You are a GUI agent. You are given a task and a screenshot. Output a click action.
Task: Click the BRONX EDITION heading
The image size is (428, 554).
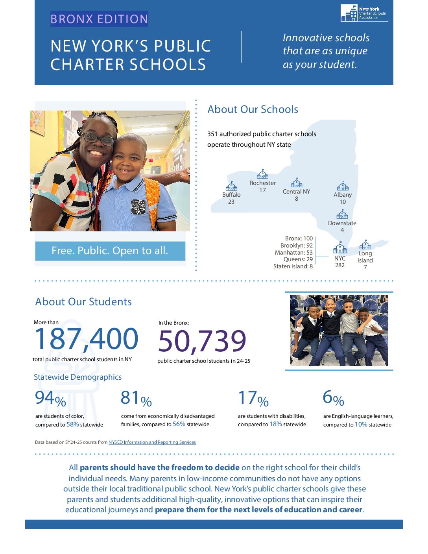99,19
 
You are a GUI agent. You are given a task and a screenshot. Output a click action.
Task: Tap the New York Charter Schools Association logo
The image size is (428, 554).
363,13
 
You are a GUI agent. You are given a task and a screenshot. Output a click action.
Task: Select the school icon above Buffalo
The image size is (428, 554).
231,186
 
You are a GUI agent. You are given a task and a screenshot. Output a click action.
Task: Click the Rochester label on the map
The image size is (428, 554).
263,183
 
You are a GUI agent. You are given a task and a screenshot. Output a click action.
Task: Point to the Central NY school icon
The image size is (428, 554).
296,183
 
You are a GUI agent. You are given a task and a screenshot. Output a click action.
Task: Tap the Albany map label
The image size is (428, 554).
343,195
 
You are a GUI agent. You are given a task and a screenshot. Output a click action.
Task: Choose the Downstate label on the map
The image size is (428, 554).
342,223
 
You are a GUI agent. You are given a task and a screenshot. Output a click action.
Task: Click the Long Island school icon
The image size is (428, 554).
365,245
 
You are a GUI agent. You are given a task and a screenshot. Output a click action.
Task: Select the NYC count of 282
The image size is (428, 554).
340,265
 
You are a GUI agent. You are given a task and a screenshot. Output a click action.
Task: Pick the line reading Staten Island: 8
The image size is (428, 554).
293,266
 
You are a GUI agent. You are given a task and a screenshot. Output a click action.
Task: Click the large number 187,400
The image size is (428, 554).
87,339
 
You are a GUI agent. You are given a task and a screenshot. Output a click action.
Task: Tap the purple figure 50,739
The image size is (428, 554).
202,341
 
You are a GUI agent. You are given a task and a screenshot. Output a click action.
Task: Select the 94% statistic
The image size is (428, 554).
50,398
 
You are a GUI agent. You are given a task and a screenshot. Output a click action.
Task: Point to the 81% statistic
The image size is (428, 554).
136,398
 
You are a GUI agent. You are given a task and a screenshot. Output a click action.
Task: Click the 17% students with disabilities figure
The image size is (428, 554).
253,399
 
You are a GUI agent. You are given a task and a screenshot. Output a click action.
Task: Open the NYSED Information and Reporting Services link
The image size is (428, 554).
152,442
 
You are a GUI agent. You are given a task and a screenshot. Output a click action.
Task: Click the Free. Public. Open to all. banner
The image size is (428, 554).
110,251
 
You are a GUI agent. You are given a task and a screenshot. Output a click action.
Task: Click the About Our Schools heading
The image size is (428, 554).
253,109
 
